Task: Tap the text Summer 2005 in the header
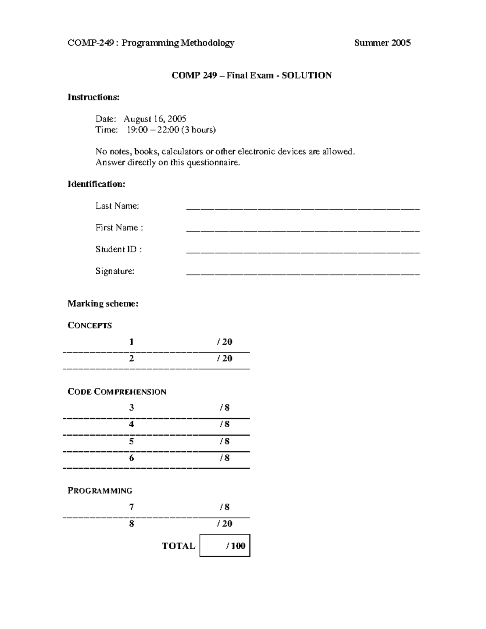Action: click(382, 43)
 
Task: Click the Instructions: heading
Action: click(94, 97)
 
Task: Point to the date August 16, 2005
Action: click(155, 119)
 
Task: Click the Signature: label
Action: click(115, 271)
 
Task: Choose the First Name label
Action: click(119, 228)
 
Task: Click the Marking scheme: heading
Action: click(103, 304)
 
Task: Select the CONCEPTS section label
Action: click(90, 326)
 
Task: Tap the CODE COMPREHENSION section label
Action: click(117, 392)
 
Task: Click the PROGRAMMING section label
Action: click(100, 490)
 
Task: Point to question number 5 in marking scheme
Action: click(131, 441)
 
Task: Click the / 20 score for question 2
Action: click(224, 358)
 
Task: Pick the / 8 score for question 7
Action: click(224, 507)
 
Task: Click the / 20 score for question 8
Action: click(224, 524)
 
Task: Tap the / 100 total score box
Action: click(225, 546)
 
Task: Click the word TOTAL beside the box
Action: click(179, 546)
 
